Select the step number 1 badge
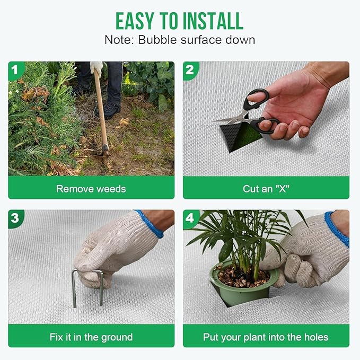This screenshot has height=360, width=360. pos(15,70)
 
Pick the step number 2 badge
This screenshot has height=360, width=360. pos(190,70)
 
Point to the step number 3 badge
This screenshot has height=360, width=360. pos(15,218)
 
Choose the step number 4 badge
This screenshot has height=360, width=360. pos(190,218)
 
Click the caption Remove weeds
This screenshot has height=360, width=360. pos(91,189)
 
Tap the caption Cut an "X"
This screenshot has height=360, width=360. pos(266,189)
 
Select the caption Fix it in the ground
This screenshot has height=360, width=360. pos(91,337)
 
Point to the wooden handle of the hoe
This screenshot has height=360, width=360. pos(101,108)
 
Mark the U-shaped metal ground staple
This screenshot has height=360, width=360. pos(74,289)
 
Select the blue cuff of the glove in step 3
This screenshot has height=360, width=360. pos(151,224)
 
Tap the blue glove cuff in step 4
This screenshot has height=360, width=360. pos(337,229)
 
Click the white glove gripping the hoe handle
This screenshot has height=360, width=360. pos(96,67)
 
